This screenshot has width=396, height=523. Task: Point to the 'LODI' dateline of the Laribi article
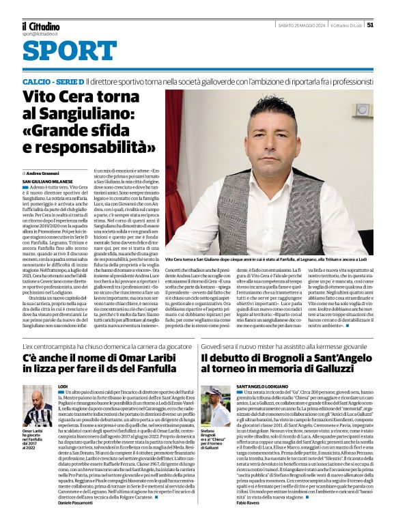click(63, 387)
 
